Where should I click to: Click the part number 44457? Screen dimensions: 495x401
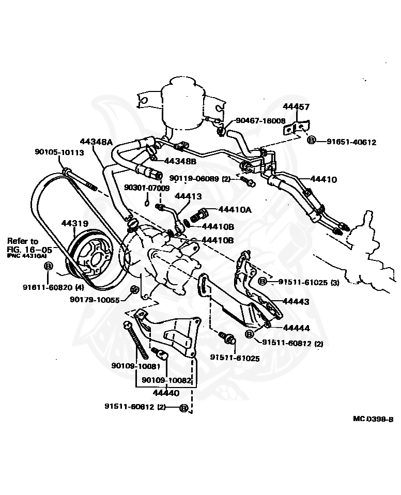click(296, 107)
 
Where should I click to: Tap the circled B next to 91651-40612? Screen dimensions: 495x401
click(312, 140)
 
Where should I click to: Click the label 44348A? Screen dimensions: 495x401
click(96, 141)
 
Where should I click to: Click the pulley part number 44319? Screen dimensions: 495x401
click(75, 224)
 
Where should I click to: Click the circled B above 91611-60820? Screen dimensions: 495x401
click(49, 266)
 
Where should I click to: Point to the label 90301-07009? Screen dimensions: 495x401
click(147, 188)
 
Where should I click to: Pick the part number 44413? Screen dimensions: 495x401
click(188, 196)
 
